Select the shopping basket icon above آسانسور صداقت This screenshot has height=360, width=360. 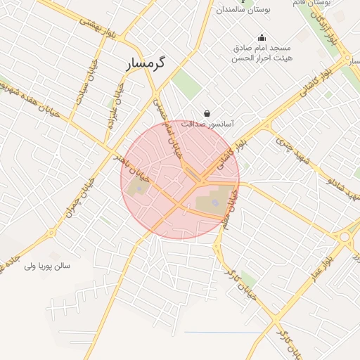207,112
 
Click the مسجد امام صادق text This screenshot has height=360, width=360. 263,49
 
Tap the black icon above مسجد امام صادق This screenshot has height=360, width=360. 262,38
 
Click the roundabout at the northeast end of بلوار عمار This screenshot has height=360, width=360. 345,238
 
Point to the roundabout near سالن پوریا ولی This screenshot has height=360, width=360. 50,233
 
